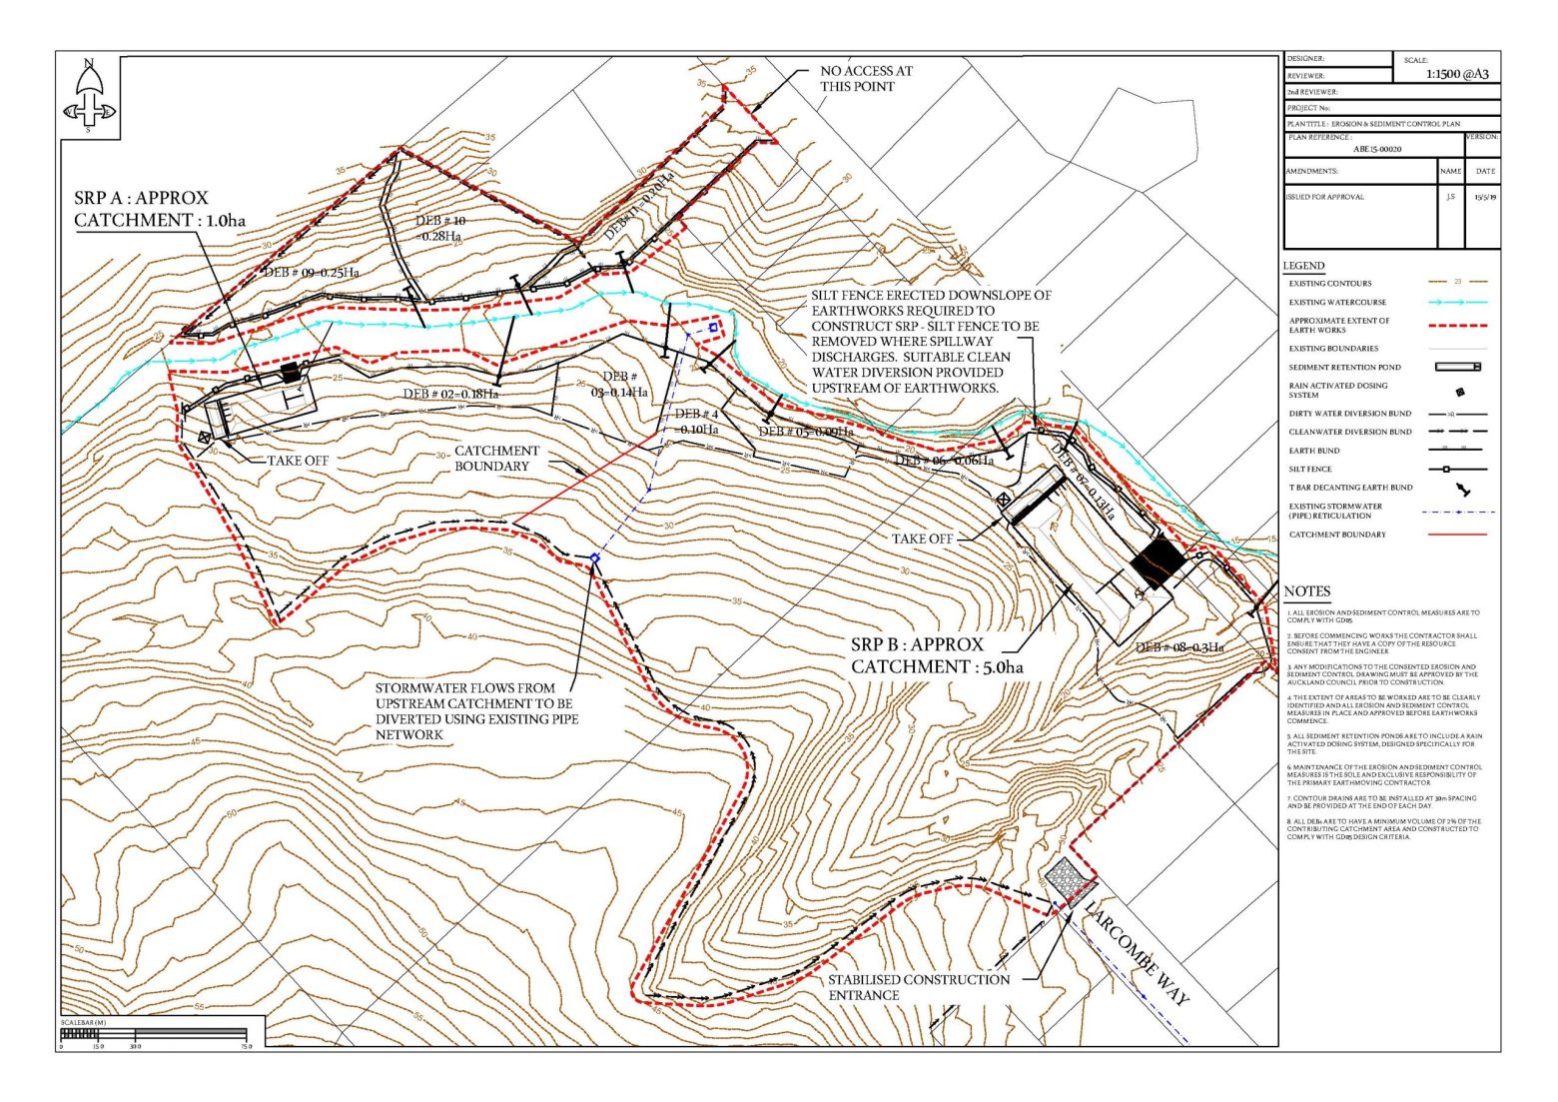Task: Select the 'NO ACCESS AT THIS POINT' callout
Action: pyautogui.click(x=865, y=79)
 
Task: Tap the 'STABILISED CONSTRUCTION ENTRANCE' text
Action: pyautogui.click(x=918, y=987)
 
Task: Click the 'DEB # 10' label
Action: pyautogui.click(x=440, y=228)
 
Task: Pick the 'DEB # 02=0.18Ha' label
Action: pyautogui.click(x=449, y=394)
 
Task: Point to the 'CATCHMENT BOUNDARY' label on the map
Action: pyautogui.click(x=496, y=459)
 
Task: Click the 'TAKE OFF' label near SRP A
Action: pyautogui.click(x=298, y=461)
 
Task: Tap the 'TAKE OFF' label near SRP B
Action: pyautogui.click(x=922, y=539)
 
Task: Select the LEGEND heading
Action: pyautogui.click(x=1303, y=266)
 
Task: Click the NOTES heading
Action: pyautogui.click(x=1306, y=591)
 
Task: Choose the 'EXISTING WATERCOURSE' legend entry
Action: pyautogui.click(x=1336, y=302)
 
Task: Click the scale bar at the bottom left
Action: pyautogui.click(x=155, y=1033)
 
